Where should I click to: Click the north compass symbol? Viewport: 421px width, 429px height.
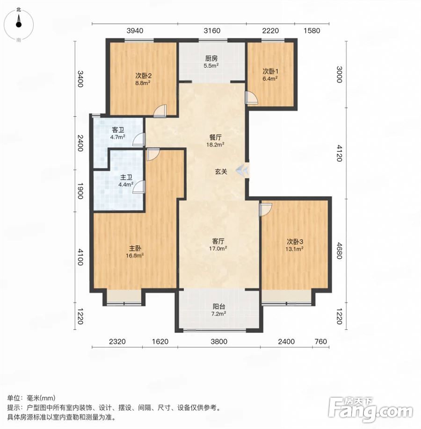click(19, 24)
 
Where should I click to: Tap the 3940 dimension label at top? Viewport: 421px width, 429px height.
click(135, 31)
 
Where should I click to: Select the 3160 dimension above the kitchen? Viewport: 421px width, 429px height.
click(212, 31)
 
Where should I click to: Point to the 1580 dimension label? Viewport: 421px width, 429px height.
click(312, 31)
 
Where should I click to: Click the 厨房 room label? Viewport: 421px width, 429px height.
click(211, 58)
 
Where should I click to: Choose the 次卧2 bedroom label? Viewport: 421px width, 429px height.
click(143, 76)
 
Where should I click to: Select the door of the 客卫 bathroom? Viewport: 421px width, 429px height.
click(139, 139)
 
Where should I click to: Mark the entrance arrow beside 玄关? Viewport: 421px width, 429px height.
click(243, 171)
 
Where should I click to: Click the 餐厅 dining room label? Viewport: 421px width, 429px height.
click(215, 137)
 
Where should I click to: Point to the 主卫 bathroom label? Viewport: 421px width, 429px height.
click(126, 177)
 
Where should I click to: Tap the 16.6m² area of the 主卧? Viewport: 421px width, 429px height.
click(135, 256)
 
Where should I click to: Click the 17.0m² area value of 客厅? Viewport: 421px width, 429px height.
click(218, 249)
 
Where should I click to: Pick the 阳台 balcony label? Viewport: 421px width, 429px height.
click(218, 307)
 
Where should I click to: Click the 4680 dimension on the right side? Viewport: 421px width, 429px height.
click(340, 250)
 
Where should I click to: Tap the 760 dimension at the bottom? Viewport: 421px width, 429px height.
click(321, 342)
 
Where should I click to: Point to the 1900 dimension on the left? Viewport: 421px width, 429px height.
click(80, 191)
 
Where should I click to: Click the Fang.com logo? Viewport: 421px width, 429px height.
click(371, 409)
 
